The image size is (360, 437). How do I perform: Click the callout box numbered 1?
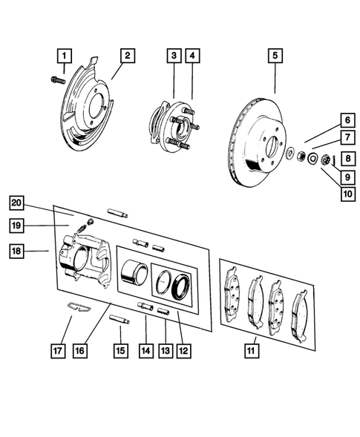pyautogui.click(x=65, y=56)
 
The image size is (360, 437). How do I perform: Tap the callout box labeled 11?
pyautogui.click(x=252, y=346)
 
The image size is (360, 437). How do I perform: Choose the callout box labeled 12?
pyautogui.click(x=182, y=346)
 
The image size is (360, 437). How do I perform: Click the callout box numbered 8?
pyautogui.click(x=347, y=157)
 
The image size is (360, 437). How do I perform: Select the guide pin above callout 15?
pyautogui.click(x=120, y=320)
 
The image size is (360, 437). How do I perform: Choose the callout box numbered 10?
pyautogui.click(x=347, y=194)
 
